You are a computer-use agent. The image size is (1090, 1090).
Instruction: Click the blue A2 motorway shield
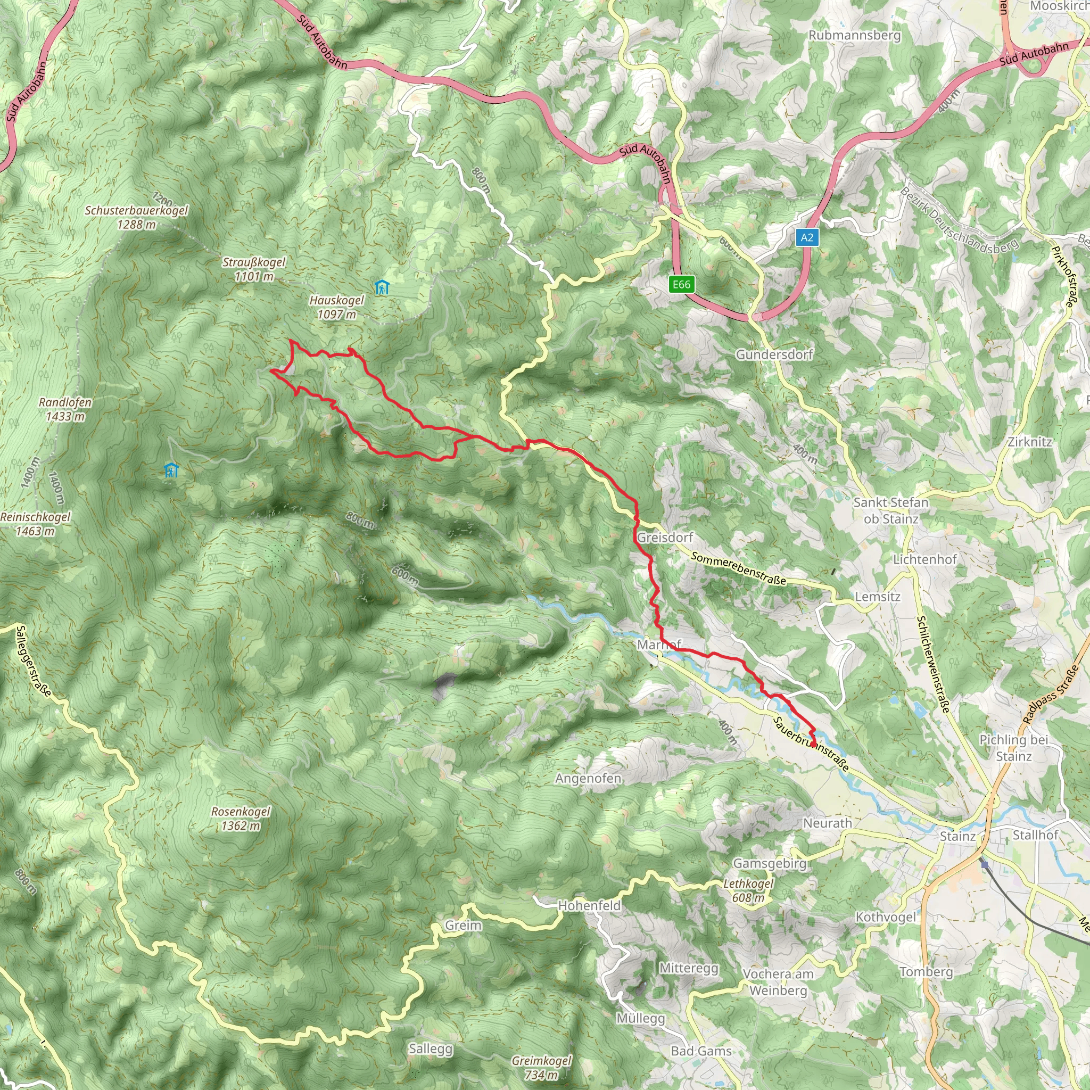(x=807, y=237)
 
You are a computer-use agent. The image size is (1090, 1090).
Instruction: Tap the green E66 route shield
(x=681, y=284)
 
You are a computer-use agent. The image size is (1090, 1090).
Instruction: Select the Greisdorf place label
(x=665, y=537)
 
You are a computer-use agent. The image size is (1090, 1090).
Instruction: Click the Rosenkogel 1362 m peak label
(x=241, y=818)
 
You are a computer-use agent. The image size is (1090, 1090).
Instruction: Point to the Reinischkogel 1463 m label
(x=36, y=524)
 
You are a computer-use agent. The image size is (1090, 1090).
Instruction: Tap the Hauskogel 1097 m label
(x=337, y=308)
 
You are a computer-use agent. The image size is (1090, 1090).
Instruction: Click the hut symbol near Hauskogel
(x=382, y=288)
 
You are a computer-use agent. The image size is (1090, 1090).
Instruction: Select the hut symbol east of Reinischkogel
(x=171, y=470)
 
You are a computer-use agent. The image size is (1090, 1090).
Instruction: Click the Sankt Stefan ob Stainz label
(x=891, y=510)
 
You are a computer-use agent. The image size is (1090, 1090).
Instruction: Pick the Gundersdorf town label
(x=774, y=354)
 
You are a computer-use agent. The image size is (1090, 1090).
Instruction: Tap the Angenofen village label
(x=588, y=779)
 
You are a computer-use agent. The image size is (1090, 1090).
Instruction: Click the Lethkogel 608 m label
(x=749, y=890)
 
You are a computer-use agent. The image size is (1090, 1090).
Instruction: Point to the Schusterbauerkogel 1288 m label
(x=137, y=217)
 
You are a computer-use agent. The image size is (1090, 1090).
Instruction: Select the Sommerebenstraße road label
(x=738, y=569)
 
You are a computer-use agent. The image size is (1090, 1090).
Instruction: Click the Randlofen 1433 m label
(x=65, y=409)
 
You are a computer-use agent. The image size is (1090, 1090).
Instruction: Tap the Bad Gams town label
(x=701, y=1051)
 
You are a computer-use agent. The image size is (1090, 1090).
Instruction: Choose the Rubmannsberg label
(x=854, y=35)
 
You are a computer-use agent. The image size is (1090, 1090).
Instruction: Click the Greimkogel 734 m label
(x=541, y=1068)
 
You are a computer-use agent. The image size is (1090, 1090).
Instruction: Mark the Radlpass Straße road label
(x=1050, y=695)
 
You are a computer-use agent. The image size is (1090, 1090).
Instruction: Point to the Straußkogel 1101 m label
(x=254, y=269)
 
